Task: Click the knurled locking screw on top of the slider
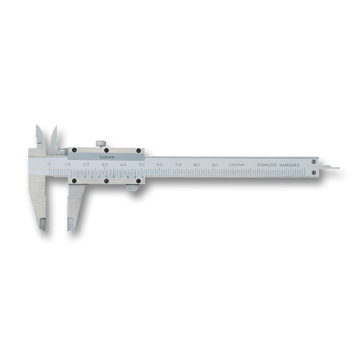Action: tap(100, 144)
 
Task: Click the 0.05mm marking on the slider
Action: tap(107, 158)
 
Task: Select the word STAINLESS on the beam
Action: tap(266, 165)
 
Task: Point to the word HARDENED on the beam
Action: tap(289, 165)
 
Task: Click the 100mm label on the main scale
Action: tap(236, 165)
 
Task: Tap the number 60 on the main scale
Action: tap(159, 165)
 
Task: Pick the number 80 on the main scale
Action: tap(196, 165)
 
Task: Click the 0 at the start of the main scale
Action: tap(49, 165)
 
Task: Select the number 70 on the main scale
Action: tap(178, 165)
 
